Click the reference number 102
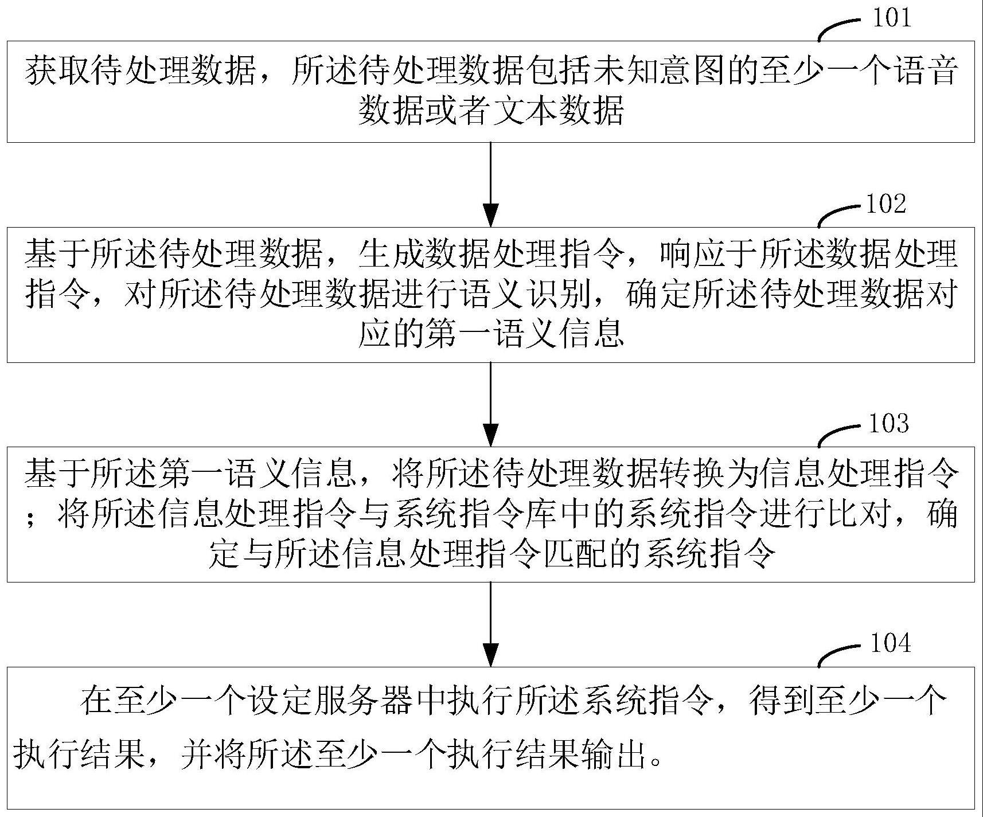pos(886,204)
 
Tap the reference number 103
pos(889,424)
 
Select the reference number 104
pos(890,643)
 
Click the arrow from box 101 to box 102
pos(491,183)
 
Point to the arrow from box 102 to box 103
pos(491,404)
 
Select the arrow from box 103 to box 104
pos(491,624)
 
